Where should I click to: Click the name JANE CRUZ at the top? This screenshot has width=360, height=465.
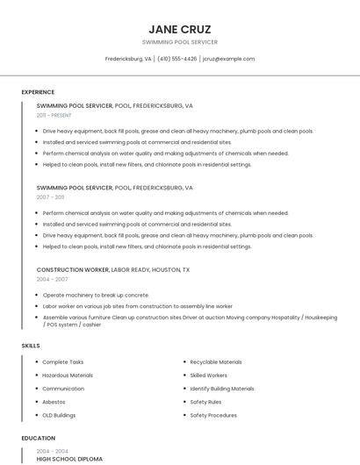pos(180,29)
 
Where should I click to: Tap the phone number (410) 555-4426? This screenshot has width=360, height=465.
pos(176,59)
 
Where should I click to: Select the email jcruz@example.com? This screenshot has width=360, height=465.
pos(228,59)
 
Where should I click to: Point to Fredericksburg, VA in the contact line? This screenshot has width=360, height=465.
pos(128,59)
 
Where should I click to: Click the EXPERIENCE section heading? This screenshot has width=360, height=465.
pos(38,92)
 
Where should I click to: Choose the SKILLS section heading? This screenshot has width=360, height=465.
pos(31,346)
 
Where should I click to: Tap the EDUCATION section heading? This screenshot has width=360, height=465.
pos(38,438)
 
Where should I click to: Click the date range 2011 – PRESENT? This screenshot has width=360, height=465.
pos(54,115)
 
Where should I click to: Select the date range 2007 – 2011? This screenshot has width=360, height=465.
pos(50,197)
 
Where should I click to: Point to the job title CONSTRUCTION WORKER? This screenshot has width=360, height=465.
pos(73,270)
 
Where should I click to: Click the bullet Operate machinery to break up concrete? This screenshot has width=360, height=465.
pos(96,296)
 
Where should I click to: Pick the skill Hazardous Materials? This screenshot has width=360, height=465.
pos(68,376)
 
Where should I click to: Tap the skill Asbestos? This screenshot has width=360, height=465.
pos(54,402)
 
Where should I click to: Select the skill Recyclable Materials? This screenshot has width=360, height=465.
pos(216,361)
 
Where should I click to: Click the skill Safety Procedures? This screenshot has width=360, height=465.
pos(213,415)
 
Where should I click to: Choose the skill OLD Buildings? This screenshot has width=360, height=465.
pos(59,415)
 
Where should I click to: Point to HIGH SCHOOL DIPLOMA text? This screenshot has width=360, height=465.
pos(69,459)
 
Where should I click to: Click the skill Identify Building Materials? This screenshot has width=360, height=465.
pos(222,389)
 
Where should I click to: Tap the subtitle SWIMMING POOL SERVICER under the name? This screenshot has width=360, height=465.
pos(180,42)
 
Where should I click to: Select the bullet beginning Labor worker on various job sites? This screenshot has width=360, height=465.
pos(137,306)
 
